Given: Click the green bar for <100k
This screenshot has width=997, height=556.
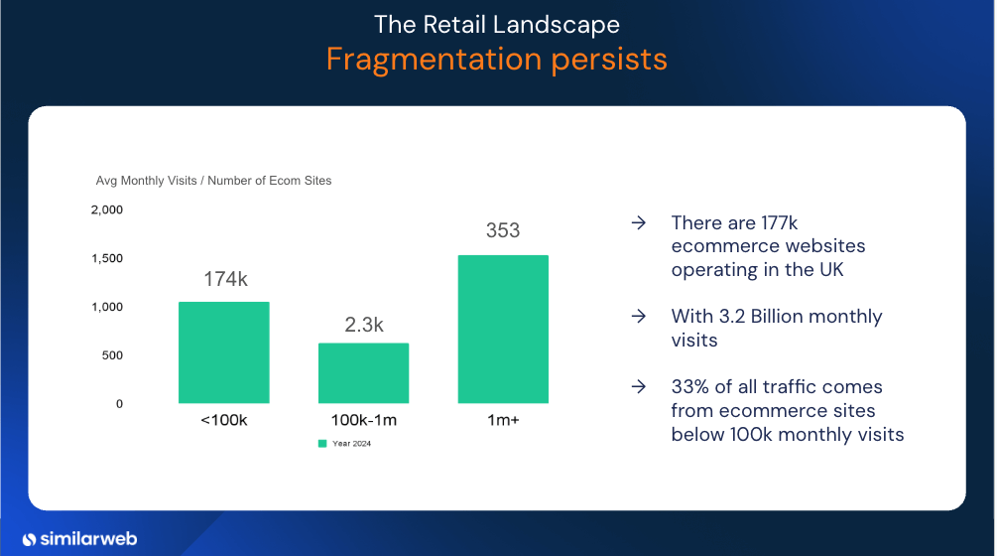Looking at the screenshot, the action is click(x=224, y=352).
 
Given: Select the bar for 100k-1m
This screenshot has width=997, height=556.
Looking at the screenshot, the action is click(x=364, y=373).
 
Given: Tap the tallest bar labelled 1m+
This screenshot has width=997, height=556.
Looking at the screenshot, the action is click(x=503, y=330).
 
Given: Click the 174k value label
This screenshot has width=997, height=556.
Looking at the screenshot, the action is click(x=226, y=279).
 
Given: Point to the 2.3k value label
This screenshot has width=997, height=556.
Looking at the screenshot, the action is click(x=364, y=325).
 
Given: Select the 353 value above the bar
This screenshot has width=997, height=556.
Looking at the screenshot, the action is click(x=503, y=230).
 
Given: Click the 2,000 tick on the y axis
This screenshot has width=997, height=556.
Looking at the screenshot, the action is click(x=107, y=209).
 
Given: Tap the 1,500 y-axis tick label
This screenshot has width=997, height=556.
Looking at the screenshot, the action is click(x=107, y=258).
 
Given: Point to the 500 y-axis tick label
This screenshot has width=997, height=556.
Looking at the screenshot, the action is click(x=112, y=355).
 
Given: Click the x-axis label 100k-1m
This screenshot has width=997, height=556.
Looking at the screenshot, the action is click(x=364, y=420).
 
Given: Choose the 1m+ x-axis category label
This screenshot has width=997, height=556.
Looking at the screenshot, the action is click(x=503, y=420).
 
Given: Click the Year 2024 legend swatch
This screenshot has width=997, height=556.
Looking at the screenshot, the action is click(x=322, y=444).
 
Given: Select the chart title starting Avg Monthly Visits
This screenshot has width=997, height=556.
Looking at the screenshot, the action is click(x=213, y=181).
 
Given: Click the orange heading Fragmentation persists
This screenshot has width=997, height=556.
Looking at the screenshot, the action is click(x=497, y=60).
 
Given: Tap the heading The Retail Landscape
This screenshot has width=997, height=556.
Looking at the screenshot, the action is click(x=497, y=25).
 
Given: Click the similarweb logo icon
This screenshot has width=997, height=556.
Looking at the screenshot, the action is click(x=29, y=539).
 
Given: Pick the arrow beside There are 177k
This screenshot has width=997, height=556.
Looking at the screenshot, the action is click(x=639, y=222).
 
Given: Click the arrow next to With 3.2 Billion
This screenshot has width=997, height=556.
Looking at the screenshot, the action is click(x=639, y=316).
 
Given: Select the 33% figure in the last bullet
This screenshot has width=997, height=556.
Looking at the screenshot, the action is click(x=689, y=387).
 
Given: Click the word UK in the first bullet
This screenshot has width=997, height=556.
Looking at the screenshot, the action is click(x=831, y=270).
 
